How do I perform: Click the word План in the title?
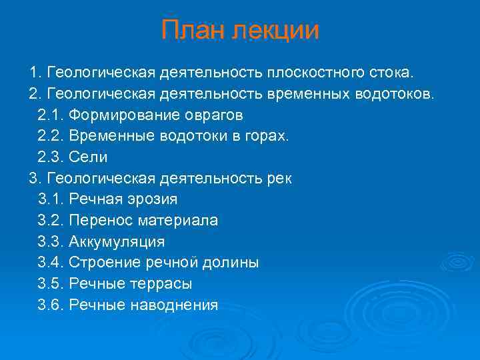[x=193, y=31]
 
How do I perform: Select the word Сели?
[x=88, y=157]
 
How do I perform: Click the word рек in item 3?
[x=278, y=179]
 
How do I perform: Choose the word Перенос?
[x=97, y=221]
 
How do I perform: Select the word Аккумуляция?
[x=117, y=242]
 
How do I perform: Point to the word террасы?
[x=162, y=285]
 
